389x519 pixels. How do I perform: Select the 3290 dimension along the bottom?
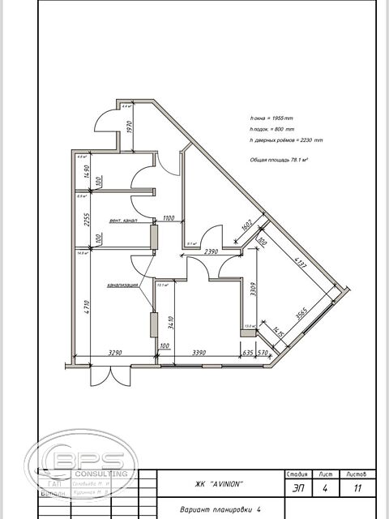point(110,354)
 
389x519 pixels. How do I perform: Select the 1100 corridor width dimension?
point(169,218)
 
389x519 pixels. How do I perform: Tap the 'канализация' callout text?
point(122,285)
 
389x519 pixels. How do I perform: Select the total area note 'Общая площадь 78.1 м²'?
point(280,161)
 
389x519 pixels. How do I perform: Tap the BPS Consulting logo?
point(81,465)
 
